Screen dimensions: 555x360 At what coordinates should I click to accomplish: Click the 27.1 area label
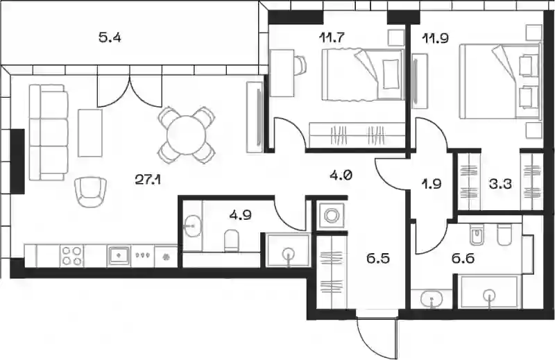[148, 180]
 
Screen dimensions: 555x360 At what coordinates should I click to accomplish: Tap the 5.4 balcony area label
[110, 37]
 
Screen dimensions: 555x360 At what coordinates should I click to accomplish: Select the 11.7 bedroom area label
[332, 37]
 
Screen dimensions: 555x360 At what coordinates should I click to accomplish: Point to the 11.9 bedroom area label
[436, 37]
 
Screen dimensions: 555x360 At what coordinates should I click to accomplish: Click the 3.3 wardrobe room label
[500, 184]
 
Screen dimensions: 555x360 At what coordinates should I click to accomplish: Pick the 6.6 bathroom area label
[463, 259]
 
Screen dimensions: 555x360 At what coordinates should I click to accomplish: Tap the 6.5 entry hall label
[378, 258]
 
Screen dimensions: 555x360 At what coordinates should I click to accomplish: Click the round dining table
[186, 135]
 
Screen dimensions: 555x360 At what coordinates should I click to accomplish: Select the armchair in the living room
[91, 192]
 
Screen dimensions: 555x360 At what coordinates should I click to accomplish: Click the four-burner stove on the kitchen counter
[72, 255]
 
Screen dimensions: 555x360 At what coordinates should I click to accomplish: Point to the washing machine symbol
[332, 215]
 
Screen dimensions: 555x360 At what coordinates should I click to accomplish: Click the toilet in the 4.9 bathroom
[232, 241]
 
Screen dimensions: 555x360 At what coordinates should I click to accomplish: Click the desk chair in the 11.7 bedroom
[300, 65]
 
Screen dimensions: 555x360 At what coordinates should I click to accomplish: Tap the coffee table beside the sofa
[90, 132]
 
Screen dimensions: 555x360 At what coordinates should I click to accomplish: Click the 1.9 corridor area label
[432, 184]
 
